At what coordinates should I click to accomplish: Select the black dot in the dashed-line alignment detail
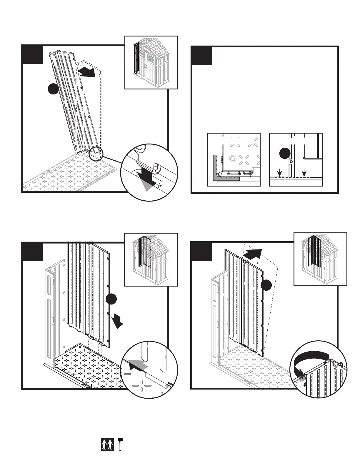tap(284, 154)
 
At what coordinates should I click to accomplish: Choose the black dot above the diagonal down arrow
tap(111, 299)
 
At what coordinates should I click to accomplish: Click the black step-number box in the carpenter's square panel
tap(202, 56)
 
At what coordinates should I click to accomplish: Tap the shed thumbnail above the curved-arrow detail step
tap(320, 259)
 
